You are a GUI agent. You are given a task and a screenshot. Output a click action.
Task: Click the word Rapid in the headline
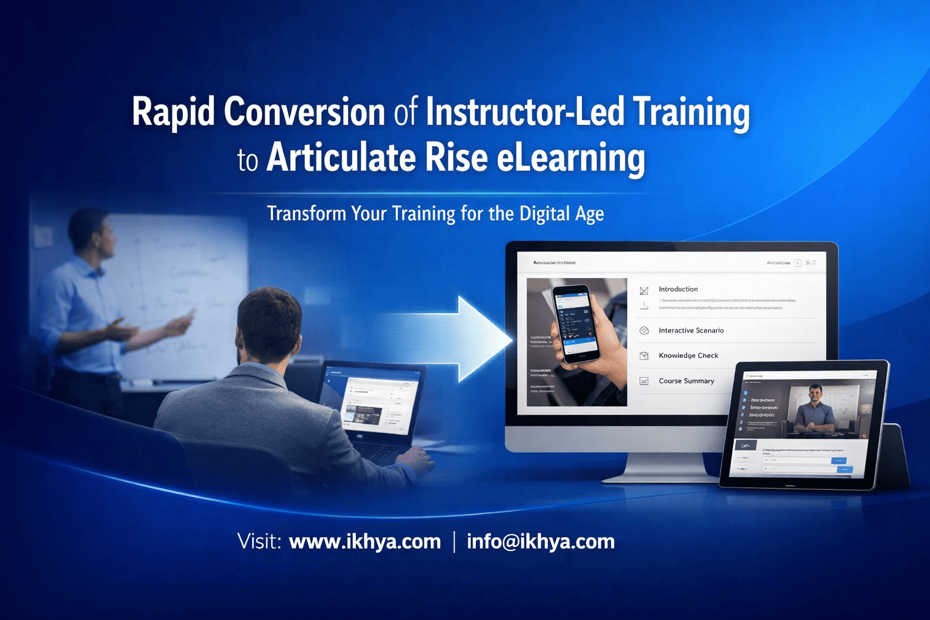173,113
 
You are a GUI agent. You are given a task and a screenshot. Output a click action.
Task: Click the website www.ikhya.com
364,541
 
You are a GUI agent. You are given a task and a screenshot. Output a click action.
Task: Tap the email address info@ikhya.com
541,541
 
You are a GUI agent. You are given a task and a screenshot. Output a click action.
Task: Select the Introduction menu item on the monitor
678,289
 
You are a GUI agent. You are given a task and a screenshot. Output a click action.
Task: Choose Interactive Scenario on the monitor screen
691,331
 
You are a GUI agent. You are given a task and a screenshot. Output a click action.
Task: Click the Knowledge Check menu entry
688,355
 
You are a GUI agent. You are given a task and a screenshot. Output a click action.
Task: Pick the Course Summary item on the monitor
686,381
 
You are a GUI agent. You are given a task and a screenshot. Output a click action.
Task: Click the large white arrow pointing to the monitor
478,339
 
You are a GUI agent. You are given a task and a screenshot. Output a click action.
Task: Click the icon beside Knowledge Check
644,356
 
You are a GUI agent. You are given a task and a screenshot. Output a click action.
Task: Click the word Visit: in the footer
259,541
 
